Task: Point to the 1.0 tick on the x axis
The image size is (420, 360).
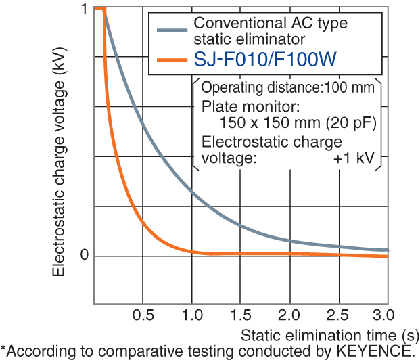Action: [191, 316]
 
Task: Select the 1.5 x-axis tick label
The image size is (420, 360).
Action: [241, 316]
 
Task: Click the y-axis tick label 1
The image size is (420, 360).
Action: [83, 9]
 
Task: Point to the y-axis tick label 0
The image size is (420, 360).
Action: [83, 255]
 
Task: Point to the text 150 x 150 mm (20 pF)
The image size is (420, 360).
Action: [298, 123]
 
